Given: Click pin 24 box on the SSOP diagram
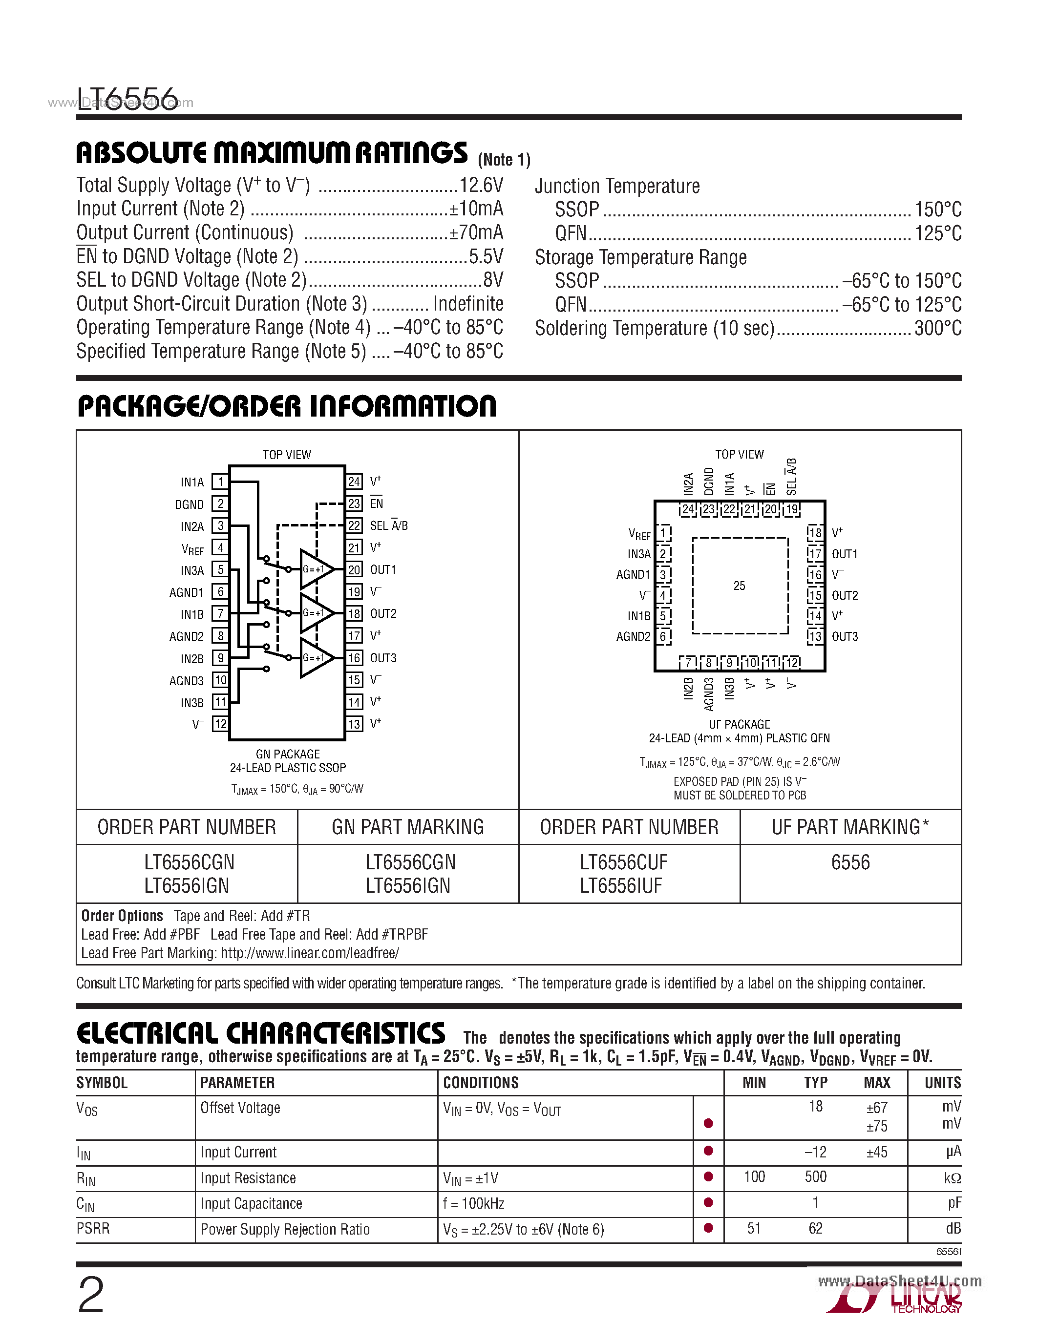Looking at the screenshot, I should [354, 482].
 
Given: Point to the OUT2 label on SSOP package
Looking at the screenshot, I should [383, 614].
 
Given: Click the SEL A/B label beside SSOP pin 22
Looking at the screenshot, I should [389, 526].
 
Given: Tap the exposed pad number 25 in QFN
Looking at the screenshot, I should [739, 586].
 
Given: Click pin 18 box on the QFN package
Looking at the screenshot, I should [815, 532].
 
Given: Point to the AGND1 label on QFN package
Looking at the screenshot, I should [633, 574].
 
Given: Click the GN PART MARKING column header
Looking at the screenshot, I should [408, 827].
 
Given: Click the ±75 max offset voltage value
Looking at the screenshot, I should [877, 1127].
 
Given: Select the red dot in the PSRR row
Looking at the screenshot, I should [708, 1228].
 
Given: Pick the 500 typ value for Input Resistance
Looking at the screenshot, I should [815, 1177].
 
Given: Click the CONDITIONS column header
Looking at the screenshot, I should [481, 1083].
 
